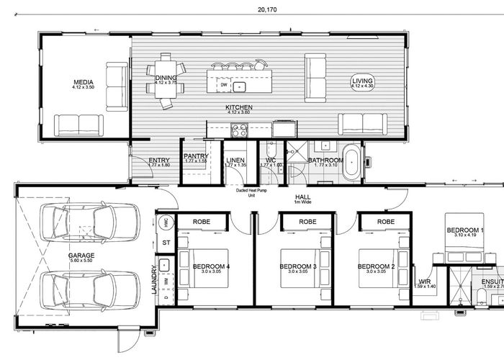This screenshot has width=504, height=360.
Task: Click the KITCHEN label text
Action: (238, 107)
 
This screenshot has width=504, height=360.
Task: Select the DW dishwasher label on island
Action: (224, 85)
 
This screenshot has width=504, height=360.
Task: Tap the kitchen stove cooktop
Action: (238, 130)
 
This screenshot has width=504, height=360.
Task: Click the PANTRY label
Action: (196, 156)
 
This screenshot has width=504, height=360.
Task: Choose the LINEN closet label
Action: (235, 161)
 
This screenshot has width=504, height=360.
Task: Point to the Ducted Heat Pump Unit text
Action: (252, 192)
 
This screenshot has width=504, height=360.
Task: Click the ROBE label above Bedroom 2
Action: (386, 222)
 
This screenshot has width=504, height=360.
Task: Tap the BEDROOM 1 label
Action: (465, 230)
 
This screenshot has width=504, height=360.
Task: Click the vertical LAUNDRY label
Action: (154, 281)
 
